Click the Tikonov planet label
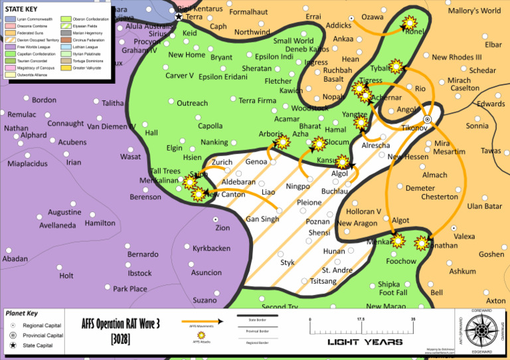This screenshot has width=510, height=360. point(414,127)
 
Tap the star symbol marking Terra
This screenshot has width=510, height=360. point(178,17)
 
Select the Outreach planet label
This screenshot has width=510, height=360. point(192,103)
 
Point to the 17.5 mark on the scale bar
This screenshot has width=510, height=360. point(361,320)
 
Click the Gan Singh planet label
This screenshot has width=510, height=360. point(262,219)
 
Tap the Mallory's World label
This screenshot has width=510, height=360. point(474,11)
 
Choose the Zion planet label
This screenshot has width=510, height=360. point(222,228)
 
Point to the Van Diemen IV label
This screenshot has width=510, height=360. point(111,126)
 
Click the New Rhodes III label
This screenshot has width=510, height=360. point(456,58)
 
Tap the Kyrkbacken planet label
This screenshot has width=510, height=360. point(211,248)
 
